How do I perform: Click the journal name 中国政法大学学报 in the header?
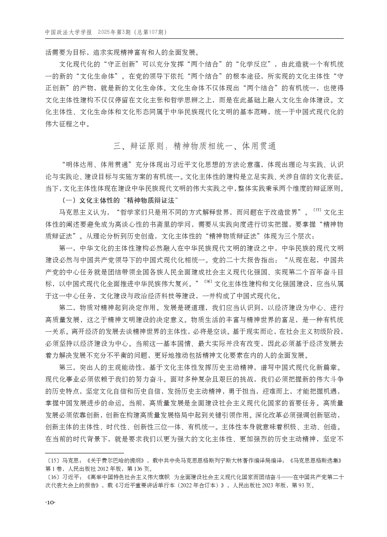(x=69, y=32)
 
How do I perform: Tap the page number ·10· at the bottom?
(x=51, y=503)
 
